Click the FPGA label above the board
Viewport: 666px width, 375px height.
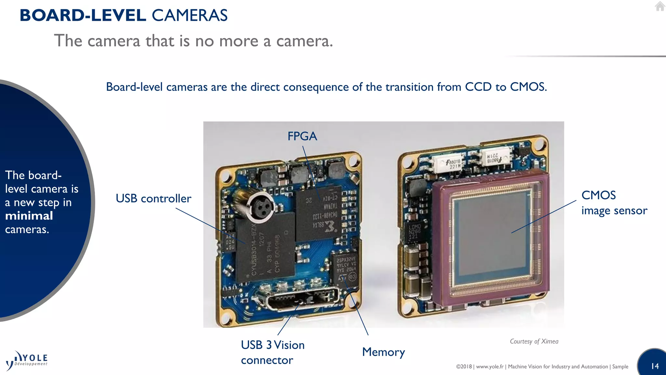(x=302, y=136)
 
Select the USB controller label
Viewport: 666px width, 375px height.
(x=153, y=199)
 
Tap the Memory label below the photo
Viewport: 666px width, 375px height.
(x=383, y=352)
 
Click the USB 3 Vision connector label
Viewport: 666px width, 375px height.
(x=273, y=353)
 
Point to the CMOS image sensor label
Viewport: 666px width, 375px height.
(x=614, y=203)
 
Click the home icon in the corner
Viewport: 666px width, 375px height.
(x=660, y=6)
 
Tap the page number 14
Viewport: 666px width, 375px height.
(x=655, y=366)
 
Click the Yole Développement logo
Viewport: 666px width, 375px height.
(x=27, y=361)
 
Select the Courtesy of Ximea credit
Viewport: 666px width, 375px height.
(x=534, y=341)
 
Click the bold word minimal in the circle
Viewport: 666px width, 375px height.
(x=29, y=216)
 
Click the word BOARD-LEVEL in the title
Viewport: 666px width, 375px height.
(x=83, y=15)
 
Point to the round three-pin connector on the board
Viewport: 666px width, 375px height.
(x=260, y=207)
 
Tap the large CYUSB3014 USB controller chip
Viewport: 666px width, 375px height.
(x=265, y=247)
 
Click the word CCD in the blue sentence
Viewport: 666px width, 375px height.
(x=478, y=87)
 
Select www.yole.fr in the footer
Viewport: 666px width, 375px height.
(x=490, y=367)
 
